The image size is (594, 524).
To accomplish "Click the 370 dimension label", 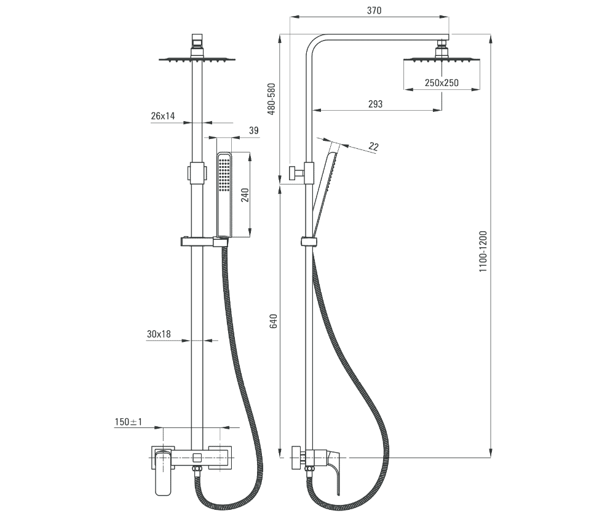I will [374, 10].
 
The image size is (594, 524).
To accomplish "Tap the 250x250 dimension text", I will [442, 83].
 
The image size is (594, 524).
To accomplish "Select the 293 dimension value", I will [375, 104].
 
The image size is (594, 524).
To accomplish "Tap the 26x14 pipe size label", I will [162, 116].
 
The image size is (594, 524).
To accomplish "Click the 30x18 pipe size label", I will [159, 334].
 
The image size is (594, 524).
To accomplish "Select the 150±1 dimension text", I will [129, 422].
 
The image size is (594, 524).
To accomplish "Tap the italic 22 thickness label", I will [373, 146].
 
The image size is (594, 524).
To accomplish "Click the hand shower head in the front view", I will [224, 185].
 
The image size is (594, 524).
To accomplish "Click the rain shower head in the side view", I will [442, 60].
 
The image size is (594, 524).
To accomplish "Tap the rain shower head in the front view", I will [197, 59].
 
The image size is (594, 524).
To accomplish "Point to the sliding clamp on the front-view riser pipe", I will [196, 173].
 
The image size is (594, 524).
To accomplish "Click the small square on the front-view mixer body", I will [197, 457].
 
